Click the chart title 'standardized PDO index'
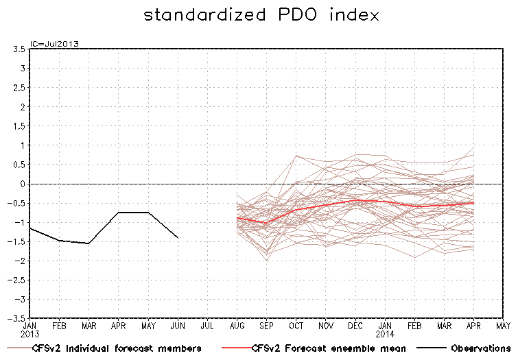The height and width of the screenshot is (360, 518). pyautogui.click(x=261, y=15)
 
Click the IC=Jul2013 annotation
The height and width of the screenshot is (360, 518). pyautogui.click(x=54, y=43)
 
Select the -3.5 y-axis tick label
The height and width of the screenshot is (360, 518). pyautogui.click(x=16, y=318)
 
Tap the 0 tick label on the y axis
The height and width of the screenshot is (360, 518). pyautogui.click(x=23, y=184)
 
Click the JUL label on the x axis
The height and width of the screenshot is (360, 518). pyautogui.click(x=207, y=324)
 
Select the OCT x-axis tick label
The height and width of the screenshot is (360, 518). pyautogui.click(x=296, y=324)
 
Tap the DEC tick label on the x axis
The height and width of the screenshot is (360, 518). pyautogui.click(x=355, y=324)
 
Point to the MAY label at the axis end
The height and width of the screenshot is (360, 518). pyautogui.click(x=503, y=324)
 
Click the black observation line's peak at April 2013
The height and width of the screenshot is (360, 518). pyautogui.click(x=119, y=213)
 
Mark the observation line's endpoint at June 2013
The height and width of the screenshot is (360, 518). pyautogui.click(x=178, y=237)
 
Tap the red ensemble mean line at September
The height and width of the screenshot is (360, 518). pyautogui.click(x=266, y=223)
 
